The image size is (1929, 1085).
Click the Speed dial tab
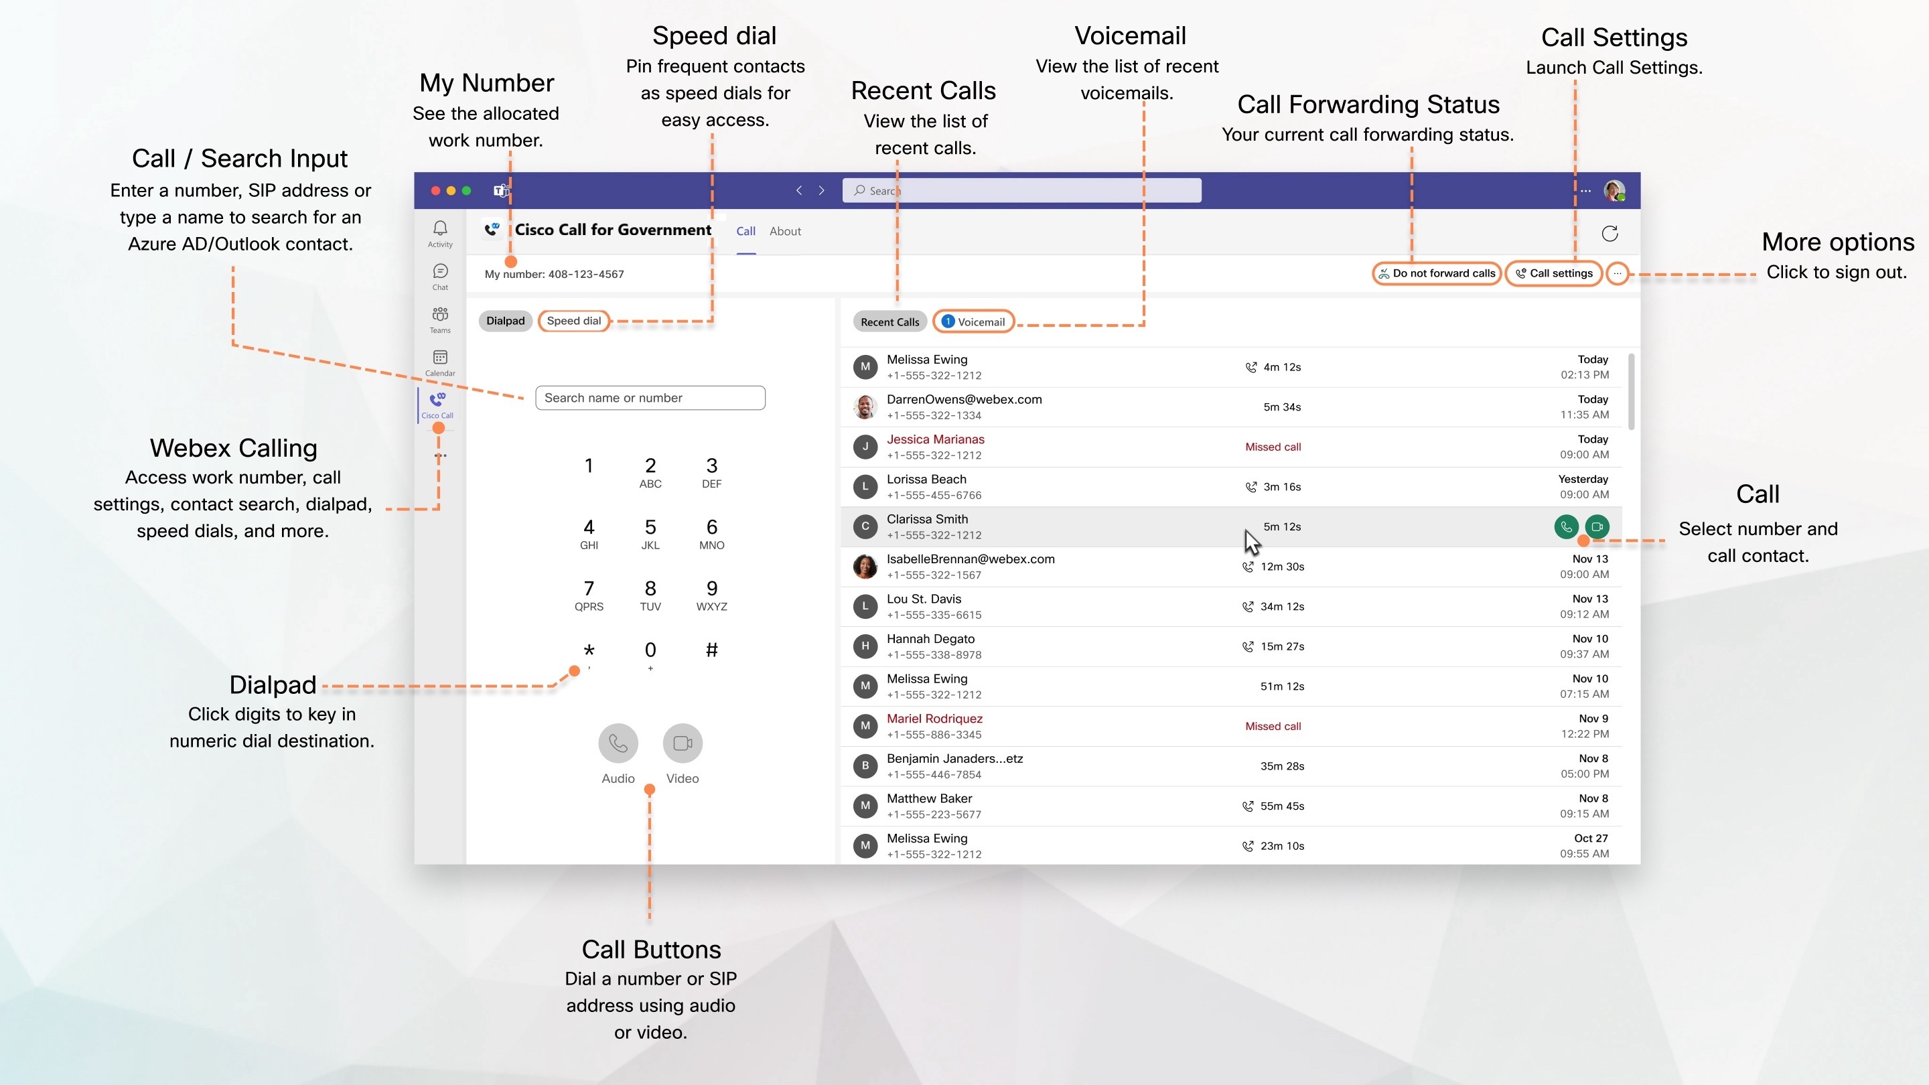573,321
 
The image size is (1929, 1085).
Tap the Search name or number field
650,398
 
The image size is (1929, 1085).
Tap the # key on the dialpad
711,650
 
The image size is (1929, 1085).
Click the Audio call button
618,743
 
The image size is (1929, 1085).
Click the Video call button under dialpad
683,743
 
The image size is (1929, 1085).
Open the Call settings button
1554,273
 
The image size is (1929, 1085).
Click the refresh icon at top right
1610,234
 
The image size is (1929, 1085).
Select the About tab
785,231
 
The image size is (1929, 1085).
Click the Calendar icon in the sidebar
440,358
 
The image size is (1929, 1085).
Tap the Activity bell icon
440,228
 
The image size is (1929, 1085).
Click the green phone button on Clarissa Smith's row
1566,526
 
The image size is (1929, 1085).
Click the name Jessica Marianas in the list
935,439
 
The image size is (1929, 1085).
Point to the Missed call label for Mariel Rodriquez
1273,726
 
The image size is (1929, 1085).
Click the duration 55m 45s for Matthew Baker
1281,806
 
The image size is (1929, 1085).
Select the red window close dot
436,191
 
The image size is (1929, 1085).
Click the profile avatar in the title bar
1613,191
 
